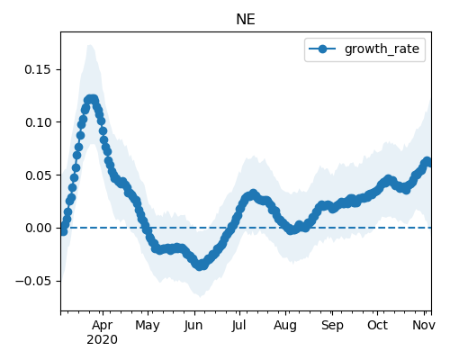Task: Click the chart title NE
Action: (x=246, y=20)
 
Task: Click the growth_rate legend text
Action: (x=382, y=49)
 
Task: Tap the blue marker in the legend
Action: (x=322, y=49)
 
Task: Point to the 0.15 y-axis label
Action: (x=38, y=69)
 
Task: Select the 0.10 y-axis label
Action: (x=38, y=122)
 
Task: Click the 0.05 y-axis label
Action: (x=38, y=175)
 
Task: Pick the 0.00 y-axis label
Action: (x=38, y=229)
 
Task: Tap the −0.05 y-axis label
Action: (x=33, y=281)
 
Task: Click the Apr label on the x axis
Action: (x=103, y=326)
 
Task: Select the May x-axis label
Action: (x=148, y=326)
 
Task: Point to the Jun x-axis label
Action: (x=193, y=326)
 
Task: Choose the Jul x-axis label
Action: (x=238, y=325)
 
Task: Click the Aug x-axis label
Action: (x=285, y=326)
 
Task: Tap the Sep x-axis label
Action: (x=332, y=326)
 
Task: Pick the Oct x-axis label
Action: (x=377, y=325)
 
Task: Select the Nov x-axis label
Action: (x=424, y=325)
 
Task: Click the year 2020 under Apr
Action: (x=102, y=340)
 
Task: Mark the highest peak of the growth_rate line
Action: (x=92, y=99)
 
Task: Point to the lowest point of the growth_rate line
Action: (x=200, y=265)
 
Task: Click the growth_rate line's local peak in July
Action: (x=254, y=193)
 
